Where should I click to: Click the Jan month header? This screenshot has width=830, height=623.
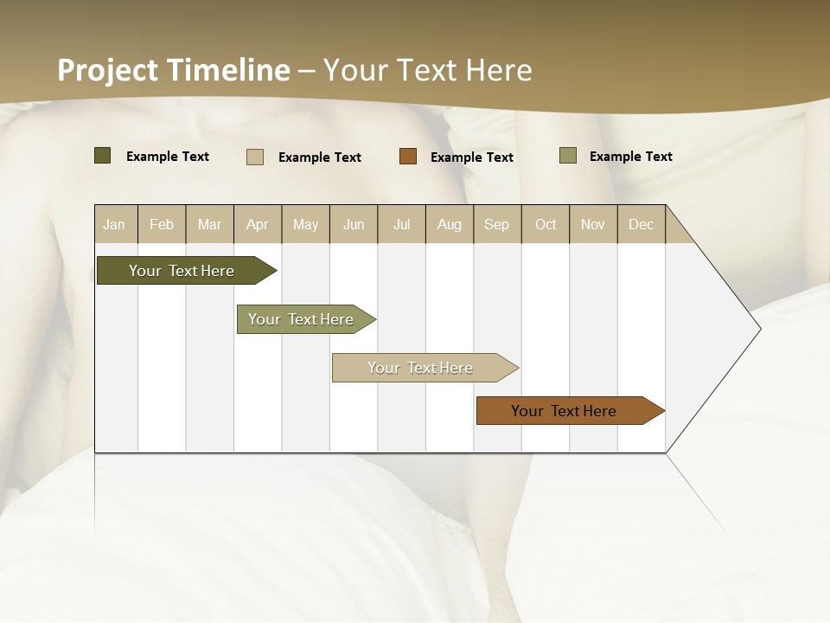coord(114,224)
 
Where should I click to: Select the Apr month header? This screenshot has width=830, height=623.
coord(257,224)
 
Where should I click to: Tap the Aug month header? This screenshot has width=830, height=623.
coord(449,224)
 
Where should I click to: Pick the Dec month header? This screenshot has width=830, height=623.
coord(641,224)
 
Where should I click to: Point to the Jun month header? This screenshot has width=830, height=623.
coord(354,224)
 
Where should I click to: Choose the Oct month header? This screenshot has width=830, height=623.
coord(546,224)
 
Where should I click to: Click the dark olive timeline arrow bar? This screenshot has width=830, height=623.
coord(182,271)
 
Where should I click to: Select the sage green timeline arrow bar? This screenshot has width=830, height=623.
coord(303,319)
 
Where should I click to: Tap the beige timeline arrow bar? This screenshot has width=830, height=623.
coord(421,368)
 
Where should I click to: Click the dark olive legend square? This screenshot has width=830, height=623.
coord(102,156)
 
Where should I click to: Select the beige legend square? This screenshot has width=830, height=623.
coord(254,157)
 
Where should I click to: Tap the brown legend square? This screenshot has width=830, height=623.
coord(408,157)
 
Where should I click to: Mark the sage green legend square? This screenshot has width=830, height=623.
coord(567,156)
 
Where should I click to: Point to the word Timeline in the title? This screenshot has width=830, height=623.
coord(228,70)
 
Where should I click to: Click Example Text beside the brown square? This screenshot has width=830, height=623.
coord(471,157)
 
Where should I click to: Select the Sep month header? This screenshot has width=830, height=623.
coord(496,224)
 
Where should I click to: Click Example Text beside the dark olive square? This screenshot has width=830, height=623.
coord(167,157)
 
